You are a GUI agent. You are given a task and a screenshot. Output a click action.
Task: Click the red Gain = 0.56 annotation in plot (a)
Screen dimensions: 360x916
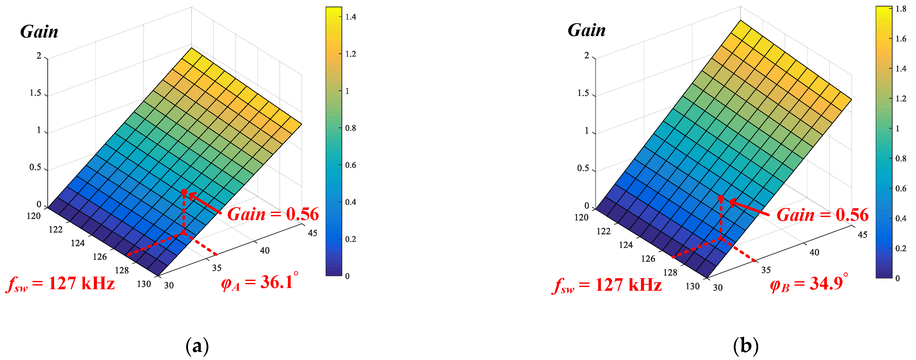pyautogui.click(x=273, y=214)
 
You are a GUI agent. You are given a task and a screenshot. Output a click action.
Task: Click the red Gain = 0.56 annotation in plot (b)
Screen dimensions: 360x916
pyautogui.click(x=822, y=215)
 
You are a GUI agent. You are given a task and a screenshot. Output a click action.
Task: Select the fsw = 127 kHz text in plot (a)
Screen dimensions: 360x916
pyautogui.click(x=60, y=284)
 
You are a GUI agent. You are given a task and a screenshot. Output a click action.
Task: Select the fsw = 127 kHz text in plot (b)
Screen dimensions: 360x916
pyautogui.click(x=607, y=285)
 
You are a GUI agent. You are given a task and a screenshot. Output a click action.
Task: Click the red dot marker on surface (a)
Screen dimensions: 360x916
pyautogui.click(x=184, y=192)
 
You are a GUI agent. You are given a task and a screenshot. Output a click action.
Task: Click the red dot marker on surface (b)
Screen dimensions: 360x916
pyautogui.click(x=721, y=198)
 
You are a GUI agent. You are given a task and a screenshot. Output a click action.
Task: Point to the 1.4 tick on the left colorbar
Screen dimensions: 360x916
pyautogui.click(x=351, y=17)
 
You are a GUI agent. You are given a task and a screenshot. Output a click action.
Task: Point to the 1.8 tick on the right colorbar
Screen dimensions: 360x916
pyautogui.click(x=901, y=9)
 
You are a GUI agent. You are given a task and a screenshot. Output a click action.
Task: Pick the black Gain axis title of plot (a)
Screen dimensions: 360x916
pyautogui.click(x=39, y=32)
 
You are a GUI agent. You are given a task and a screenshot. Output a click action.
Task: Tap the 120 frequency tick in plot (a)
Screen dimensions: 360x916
pyautogui.click(x=34, y=216)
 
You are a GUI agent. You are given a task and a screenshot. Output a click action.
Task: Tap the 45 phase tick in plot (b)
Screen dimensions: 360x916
pyautogui.click(x=862, y=235)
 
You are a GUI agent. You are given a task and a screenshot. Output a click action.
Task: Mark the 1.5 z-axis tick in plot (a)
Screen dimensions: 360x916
pyautogui.click(x=35, y=93)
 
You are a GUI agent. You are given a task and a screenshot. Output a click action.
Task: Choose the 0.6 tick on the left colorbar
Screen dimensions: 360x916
pyautogui.click(x=351, y=165)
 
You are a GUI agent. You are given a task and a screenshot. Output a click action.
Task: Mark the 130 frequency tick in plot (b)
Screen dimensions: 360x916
pyautogui.click(x=692, y=286)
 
